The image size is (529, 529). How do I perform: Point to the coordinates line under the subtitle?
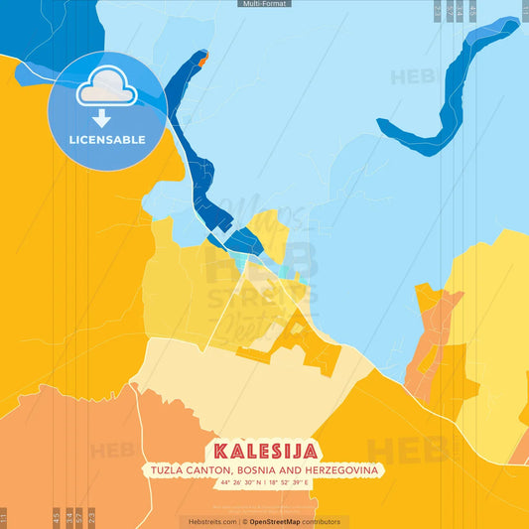[264, 482]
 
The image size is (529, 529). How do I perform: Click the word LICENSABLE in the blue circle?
[106, 138]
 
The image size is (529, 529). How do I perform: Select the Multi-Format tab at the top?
[264, 4]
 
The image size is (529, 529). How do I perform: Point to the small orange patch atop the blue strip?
[202, 61]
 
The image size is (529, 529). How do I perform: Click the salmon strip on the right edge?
[520, 447]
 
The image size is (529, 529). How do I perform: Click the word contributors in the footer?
[321, 521]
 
